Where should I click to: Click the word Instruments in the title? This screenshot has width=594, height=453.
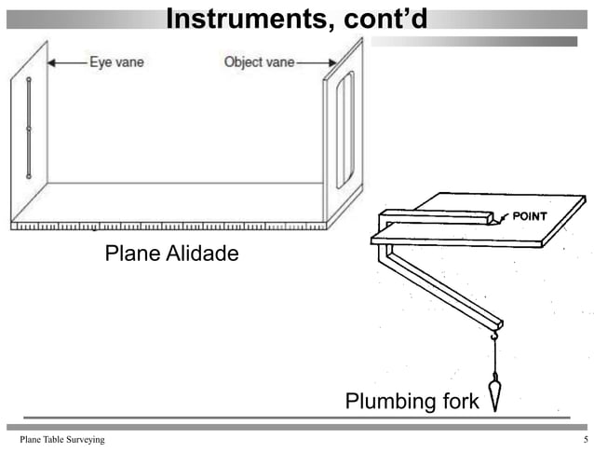(240, 19)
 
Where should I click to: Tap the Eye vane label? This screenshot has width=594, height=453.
(116, 63)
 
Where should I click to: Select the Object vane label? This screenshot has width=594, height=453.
(257, 63)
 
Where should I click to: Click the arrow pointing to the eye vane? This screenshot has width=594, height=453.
(65, 63)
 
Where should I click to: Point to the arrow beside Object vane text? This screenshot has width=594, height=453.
(311, 63)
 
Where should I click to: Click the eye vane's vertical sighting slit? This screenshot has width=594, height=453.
(30, 128)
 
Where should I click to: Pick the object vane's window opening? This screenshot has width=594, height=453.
(344, 128)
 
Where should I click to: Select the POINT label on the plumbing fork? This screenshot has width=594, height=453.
(526, 217)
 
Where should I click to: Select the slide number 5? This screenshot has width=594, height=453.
(585, 439)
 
